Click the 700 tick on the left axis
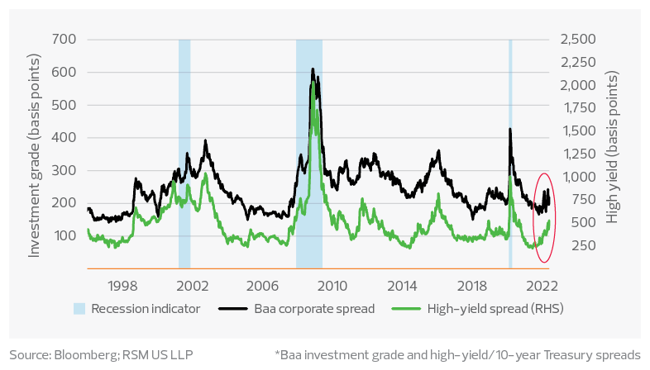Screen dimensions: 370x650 coord(65,40)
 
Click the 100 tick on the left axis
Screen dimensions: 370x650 coord(65,236)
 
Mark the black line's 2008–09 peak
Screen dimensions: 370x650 coord(312,69)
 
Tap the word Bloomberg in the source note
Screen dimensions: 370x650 coord(84,354)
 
